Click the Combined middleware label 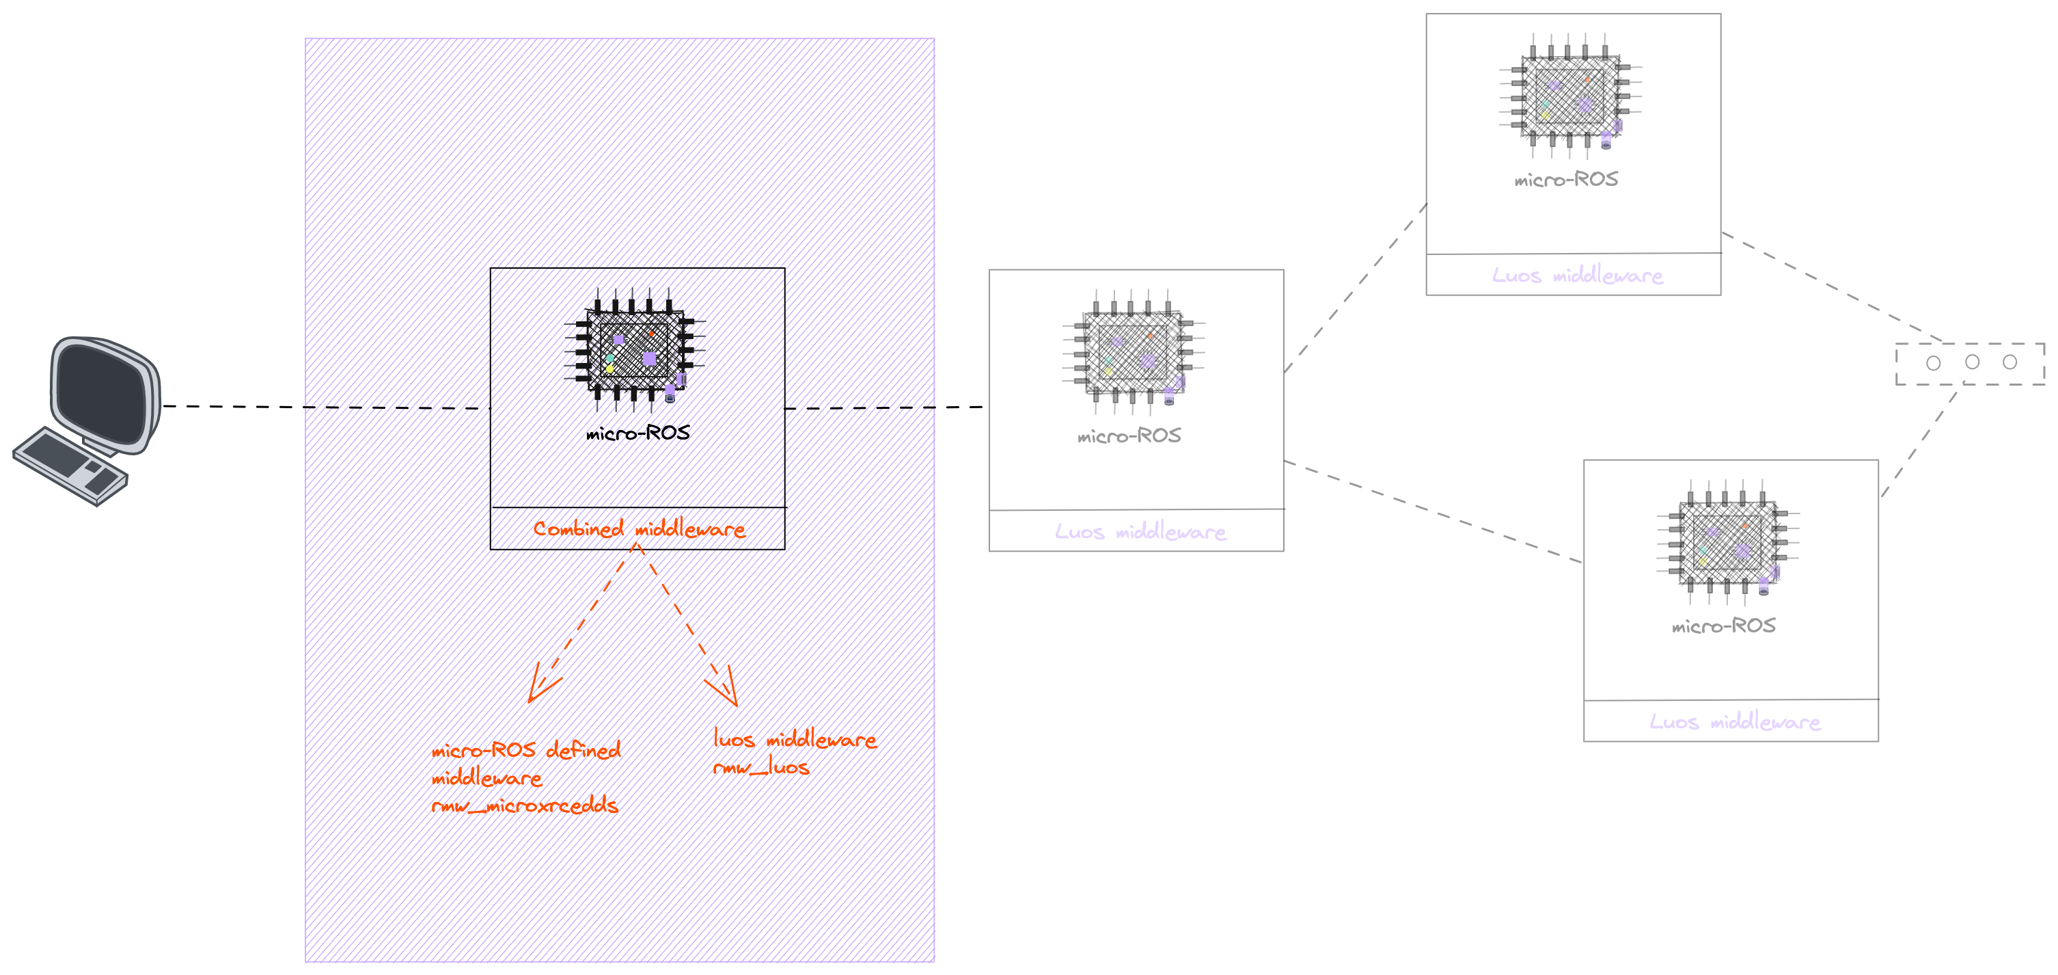(x=639, y=529)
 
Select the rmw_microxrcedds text (x=525, y=805)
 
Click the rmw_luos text (x=761, y=768)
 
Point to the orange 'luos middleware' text (x=795, y=739)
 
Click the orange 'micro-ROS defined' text (x=525, y=751)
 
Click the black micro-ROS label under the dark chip (x=637, y=433)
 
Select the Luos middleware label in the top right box (x=1577, y=276)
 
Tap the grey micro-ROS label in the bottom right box (x=1723, y=626)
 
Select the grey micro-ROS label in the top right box (x=1566, y=180)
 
